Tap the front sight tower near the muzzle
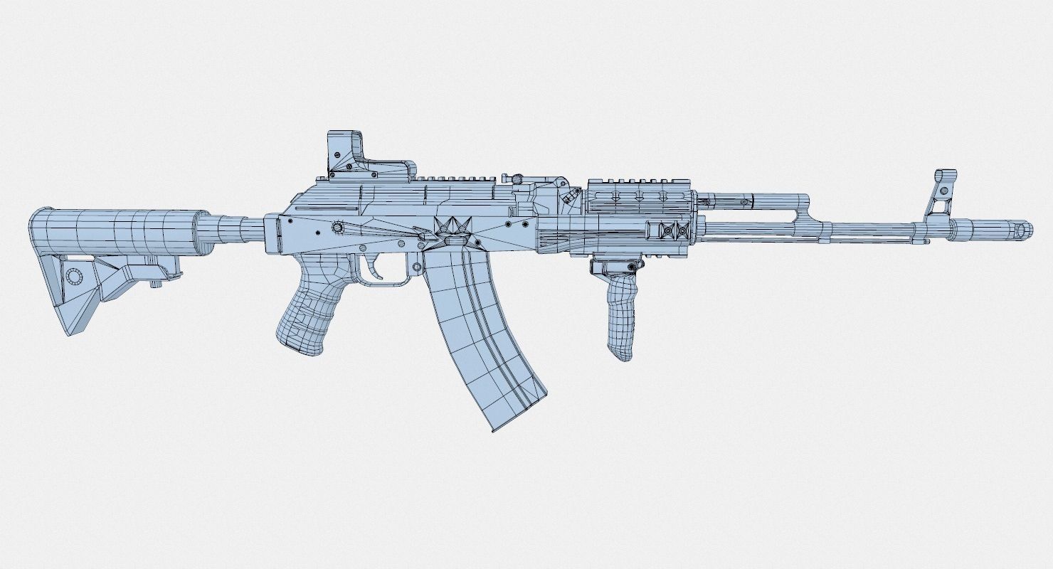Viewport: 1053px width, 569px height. point(943,196)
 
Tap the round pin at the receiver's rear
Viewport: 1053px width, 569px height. point(339,227)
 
